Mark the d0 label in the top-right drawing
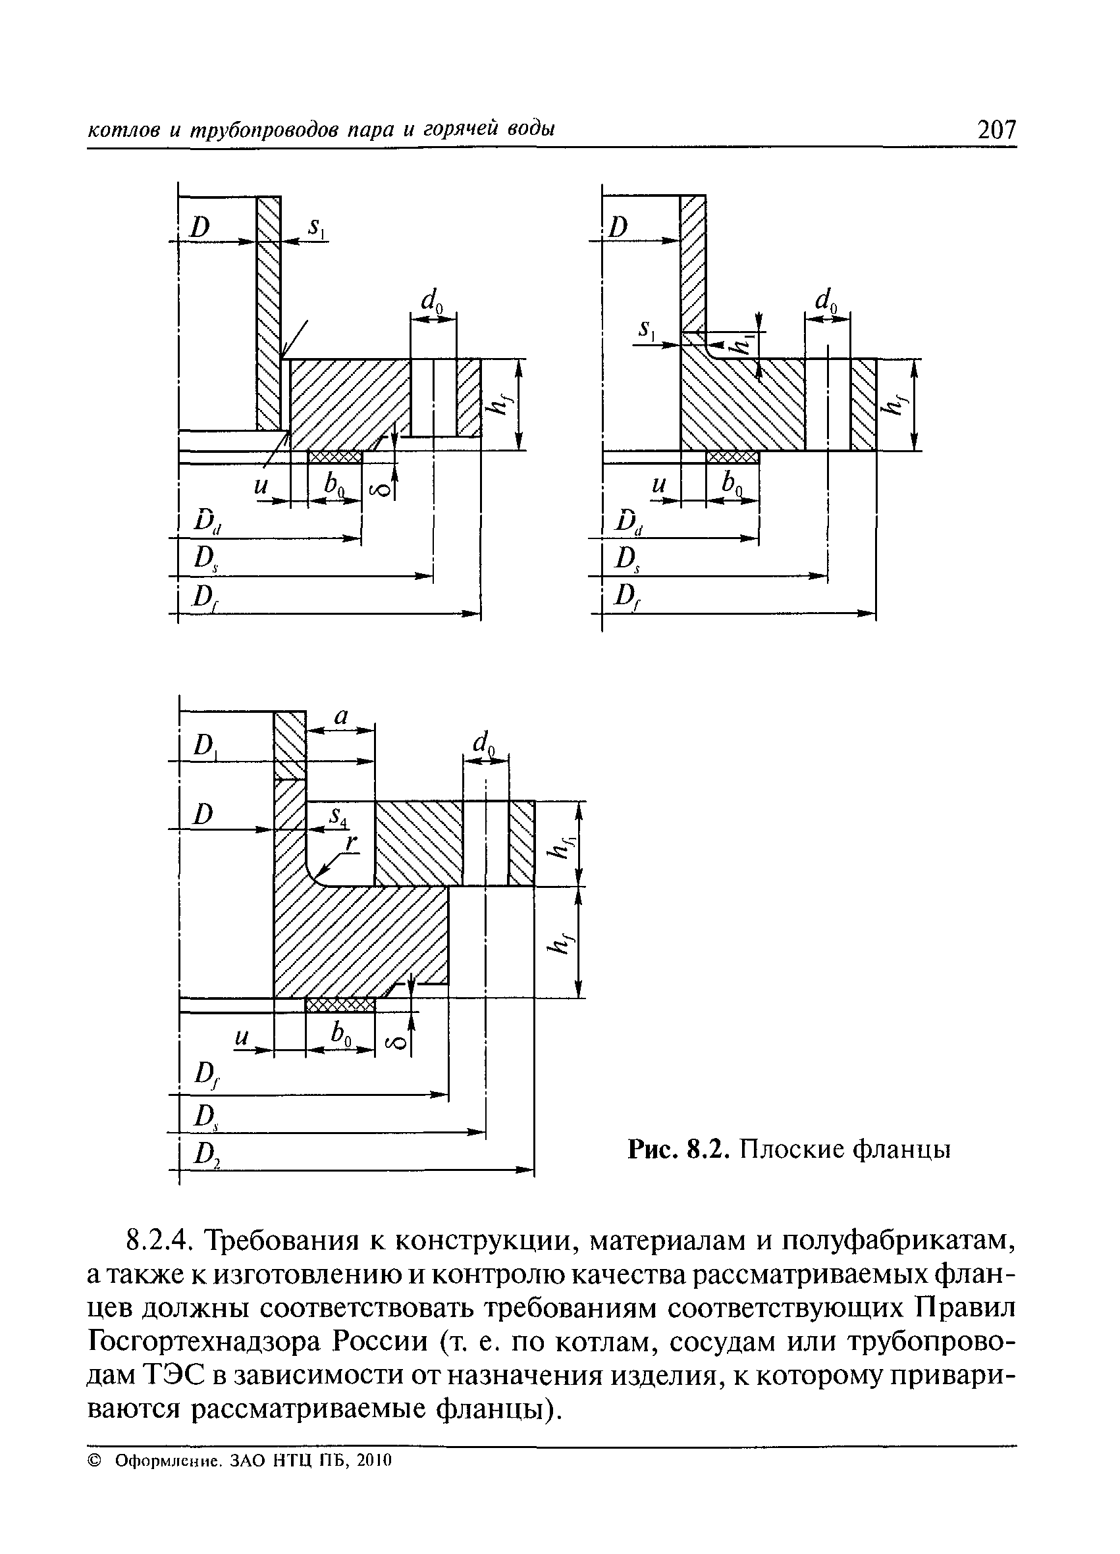(x=826, y=301)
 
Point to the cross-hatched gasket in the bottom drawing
(x=340, y=1005)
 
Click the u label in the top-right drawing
(x=658, y=485)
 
